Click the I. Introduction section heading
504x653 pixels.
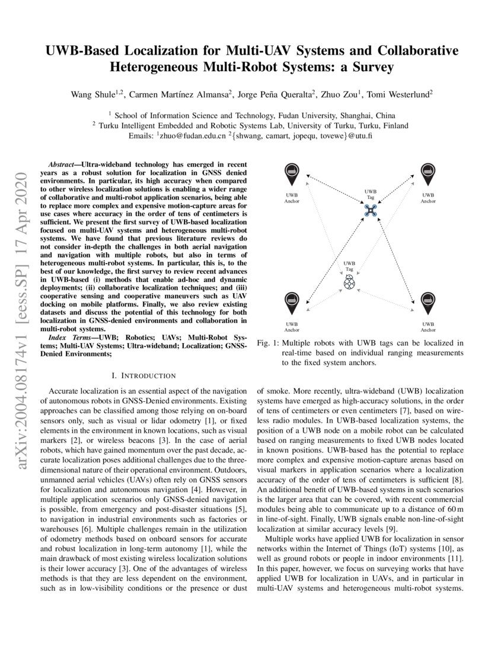coord(143,375)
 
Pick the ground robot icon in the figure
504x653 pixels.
coord(350,283)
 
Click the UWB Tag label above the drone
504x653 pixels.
coord(371,194)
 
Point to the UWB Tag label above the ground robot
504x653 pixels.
coord(349,266)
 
